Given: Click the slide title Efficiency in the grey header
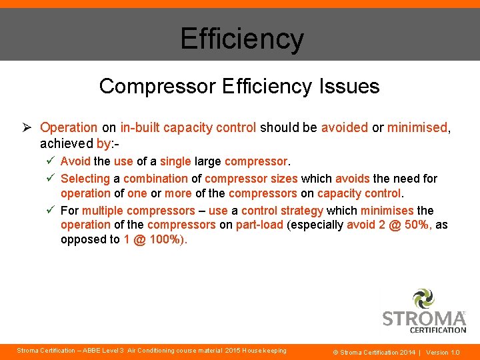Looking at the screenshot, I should coord(241,38).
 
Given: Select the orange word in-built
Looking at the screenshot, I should coord(138,127).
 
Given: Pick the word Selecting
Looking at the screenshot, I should coord(85,179).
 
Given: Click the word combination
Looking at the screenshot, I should coord(155,179).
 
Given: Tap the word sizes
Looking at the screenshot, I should coord(283,179).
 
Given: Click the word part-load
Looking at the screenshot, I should coord(259,225).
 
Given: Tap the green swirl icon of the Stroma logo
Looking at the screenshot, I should coord(424,299).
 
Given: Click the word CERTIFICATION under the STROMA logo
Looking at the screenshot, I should coord(437,329).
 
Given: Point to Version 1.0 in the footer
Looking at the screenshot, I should coord(443,352).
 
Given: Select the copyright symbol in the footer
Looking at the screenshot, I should coord(335,352).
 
